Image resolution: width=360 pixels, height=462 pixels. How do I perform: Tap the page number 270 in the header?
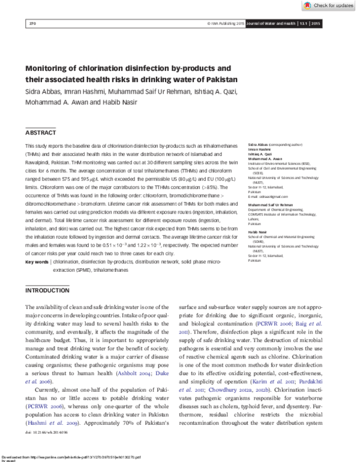coord(33,23)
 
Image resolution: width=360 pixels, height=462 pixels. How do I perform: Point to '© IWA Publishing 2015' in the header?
coord(226,23)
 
